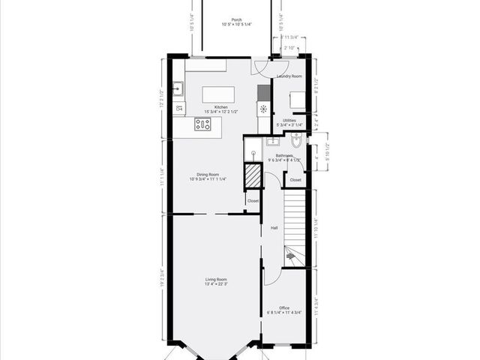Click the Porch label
236,19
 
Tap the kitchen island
218,94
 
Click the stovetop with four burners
203,124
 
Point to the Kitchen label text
220,107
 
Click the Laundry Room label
289,76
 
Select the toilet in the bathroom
296,139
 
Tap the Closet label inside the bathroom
295,180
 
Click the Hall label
274,227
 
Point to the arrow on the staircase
290,256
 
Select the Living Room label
217,279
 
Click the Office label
284,307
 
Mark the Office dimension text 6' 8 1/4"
274,313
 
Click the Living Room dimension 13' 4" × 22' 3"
217,284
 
